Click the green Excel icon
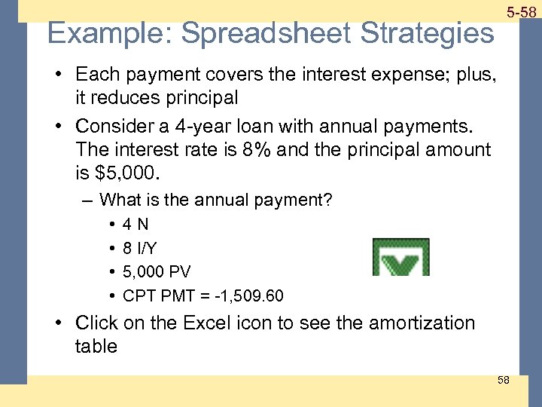click(x=400, y=257)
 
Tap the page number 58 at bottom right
click(x=503, y=380)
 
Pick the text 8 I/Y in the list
click(x=140, y=248)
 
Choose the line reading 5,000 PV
click(x=158, y=272)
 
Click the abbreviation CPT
click(x=139, y=296)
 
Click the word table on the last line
click(x=96, y=347)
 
